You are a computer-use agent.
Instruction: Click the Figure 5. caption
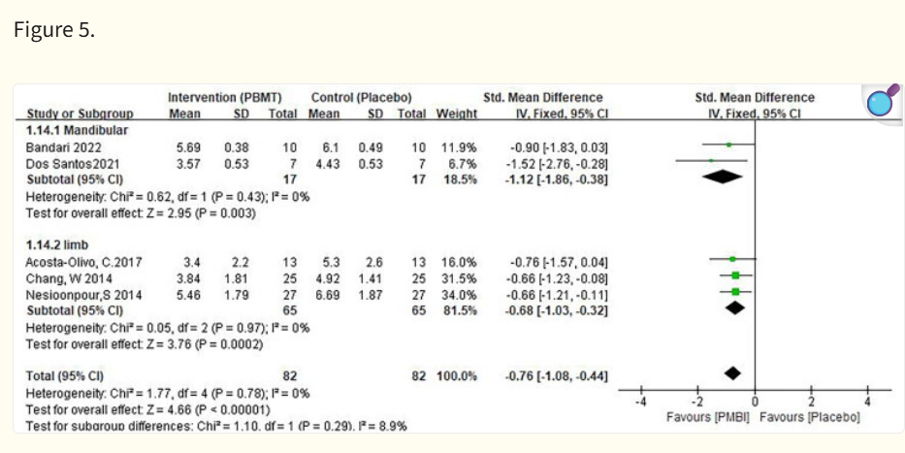click(54, 29)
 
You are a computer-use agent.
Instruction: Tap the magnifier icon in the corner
click(883, 101)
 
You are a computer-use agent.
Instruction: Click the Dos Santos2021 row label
click(73, 164)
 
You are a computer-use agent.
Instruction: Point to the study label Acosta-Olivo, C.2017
click(83, 263)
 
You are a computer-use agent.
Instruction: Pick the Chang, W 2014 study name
click(69, 279)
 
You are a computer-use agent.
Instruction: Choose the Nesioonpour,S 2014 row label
click(83, 296)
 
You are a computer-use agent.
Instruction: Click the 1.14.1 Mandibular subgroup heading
click(78, 130)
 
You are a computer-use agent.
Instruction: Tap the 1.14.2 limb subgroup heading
click(57, 245)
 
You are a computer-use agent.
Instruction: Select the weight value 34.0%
click(459, 296)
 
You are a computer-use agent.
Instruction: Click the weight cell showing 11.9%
click(459, 147)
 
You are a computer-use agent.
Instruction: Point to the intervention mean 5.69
click(188, 147)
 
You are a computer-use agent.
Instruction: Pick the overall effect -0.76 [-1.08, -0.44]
click(557, 376)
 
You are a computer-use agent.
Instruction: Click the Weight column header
click(457, 113)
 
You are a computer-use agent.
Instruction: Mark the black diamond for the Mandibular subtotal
click(723, 178)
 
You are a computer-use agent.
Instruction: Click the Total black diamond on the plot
click(732, 373)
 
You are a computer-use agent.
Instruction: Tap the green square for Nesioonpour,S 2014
click(735, 292)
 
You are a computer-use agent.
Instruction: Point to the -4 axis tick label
click(640, 403)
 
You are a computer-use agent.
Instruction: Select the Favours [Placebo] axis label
click(810, 417)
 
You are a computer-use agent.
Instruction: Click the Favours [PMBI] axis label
click(708, 417)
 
